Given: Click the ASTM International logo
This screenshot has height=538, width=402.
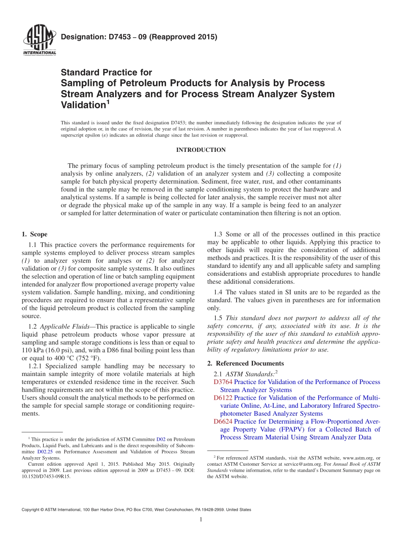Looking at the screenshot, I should click(x=39, y=40).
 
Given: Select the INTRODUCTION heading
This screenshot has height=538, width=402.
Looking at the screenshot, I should click(x=201, y=150).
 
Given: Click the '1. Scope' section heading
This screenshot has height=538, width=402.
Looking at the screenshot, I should click(x=34, y=234).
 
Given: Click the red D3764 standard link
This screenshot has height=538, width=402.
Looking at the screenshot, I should click(x=223, y=382).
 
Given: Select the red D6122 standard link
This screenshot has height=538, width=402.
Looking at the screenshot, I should click(x=223, y=398).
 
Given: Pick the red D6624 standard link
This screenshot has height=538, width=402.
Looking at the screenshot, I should click(x=223, y=421).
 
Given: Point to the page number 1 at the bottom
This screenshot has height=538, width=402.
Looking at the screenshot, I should click(x=201, y=519).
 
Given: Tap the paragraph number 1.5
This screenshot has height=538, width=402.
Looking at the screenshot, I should click(x=218, y=318).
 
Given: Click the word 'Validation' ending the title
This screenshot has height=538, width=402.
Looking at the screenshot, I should click(x=83, y=104).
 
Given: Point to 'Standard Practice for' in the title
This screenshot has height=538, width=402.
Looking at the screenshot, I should click(x=107, y=72).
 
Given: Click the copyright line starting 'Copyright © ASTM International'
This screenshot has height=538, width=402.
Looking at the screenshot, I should click(x=136, y=510).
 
